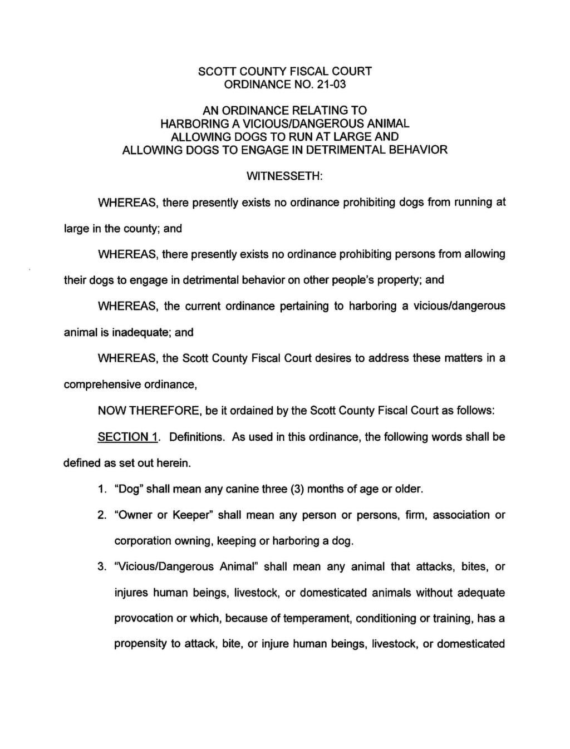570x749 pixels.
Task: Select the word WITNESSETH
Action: tap(284, 176)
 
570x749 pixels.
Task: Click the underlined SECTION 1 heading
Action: tap(128, 437)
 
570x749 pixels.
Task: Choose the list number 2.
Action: tap(101, 515)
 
